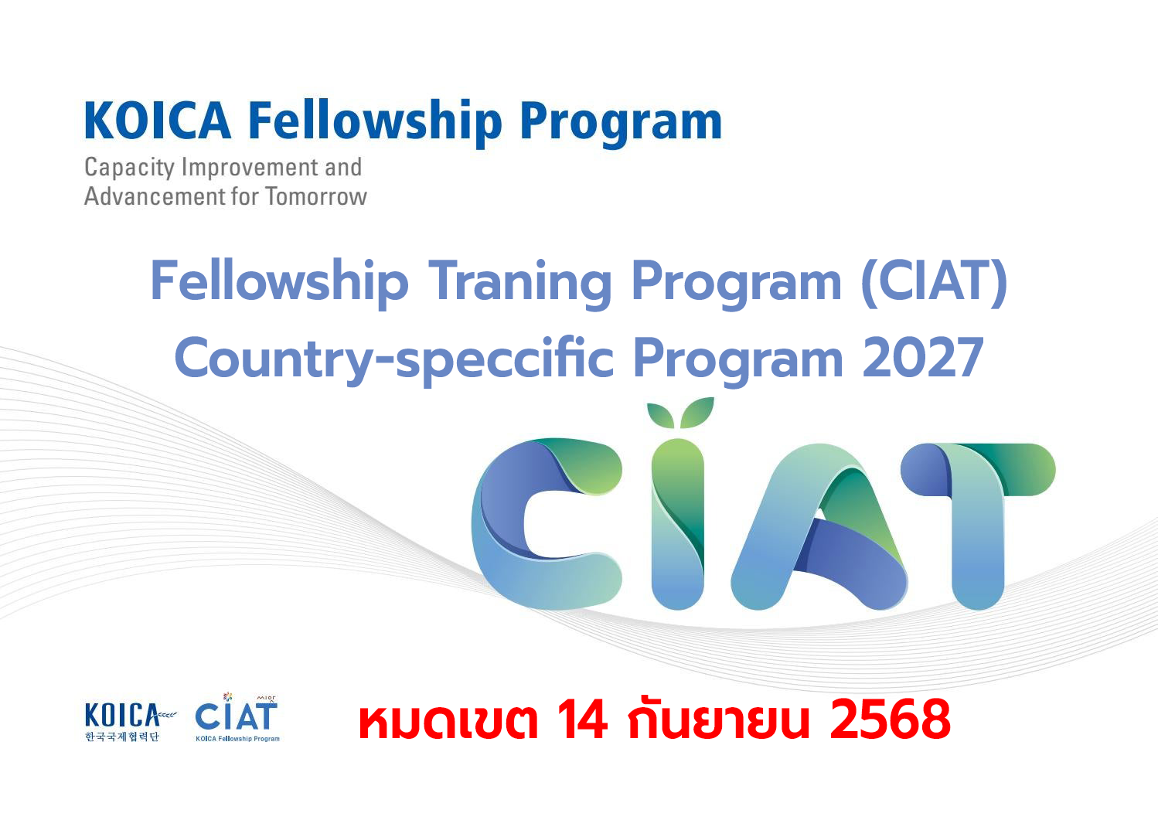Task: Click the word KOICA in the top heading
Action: (x=158, y=121)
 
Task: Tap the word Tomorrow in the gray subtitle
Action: (x=316, y=196)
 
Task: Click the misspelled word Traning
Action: (x=520, y=282)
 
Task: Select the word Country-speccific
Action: (x=394, y=359)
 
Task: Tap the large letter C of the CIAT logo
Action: (x=547, y=523)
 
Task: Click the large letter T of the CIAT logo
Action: (x=978, y=525)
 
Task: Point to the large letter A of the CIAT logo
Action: (x=819, y=526)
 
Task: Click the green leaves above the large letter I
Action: (x=680, y=413)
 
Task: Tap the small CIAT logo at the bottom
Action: (x=237, y=717)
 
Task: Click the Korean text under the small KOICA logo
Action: (x=122, y=737)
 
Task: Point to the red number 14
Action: (x=582, y=720)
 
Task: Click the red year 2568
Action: (x=890, y=720)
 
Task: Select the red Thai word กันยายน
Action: (x=718, y=717)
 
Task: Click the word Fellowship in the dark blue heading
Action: (x=375, y=123)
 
